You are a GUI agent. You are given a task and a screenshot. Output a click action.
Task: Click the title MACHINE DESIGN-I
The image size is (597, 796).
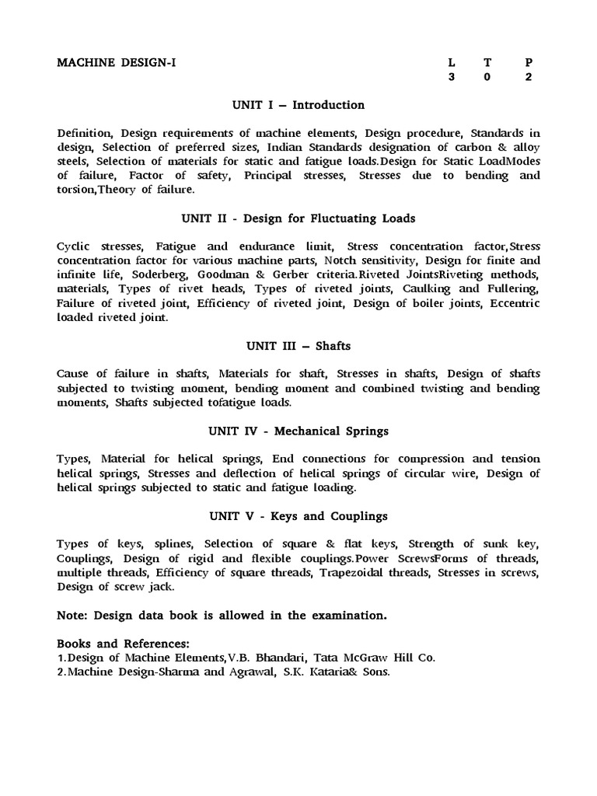[117, 62]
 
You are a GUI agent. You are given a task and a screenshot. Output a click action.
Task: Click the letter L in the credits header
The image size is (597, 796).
[450, 62]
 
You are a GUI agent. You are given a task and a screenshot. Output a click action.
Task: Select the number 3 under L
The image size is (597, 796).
[450, 77]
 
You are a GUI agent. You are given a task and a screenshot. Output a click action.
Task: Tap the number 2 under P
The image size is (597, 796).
[527, 77]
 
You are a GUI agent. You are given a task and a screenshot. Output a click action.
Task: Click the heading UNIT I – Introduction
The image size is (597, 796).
[298, 105]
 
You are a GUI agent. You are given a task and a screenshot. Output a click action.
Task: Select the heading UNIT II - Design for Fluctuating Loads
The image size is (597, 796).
[298, 218]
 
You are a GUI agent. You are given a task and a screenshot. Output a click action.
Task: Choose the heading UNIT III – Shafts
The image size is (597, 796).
[298, 346]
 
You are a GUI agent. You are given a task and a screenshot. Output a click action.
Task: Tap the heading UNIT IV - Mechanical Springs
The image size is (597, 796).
[298, 431]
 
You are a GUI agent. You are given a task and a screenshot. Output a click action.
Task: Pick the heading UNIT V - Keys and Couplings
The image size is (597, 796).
[298, 516]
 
